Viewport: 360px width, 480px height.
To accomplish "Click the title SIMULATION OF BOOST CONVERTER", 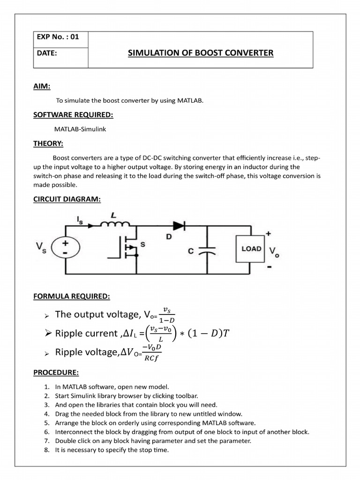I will click(200, 53).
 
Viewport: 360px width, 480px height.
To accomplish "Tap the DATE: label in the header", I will click(47, 53).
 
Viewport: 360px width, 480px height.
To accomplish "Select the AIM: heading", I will click(42, 86).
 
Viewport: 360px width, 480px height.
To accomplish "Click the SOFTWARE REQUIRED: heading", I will click(73, 115).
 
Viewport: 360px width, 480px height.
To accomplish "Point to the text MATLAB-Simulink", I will click(80, 129).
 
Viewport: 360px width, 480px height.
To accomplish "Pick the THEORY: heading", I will click(48, 143).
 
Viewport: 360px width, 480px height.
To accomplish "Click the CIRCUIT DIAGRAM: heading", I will click(67, 199).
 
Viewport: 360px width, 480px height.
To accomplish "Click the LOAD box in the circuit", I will click(251, 248).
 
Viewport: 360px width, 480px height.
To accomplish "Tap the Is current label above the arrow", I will click(79, 219).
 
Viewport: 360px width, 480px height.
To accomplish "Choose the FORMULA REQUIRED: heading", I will click(72, 297).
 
